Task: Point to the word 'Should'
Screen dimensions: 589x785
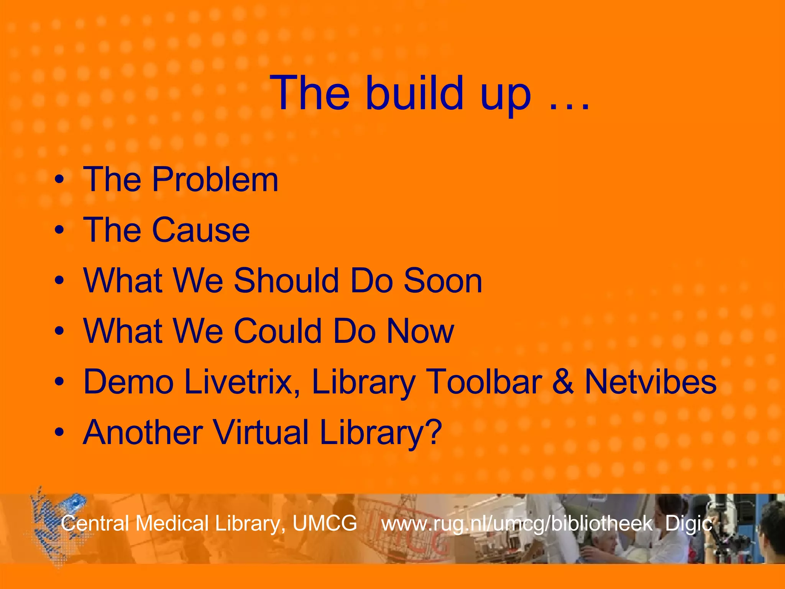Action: [x=286, y=281]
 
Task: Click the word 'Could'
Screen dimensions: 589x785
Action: [x=278, y=331]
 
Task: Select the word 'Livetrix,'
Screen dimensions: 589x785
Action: [x=242, y=382]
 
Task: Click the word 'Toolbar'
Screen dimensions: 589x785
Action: [x=484, y=382]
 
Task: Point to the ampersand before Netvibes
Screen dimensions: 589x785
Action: [x=563, y=382]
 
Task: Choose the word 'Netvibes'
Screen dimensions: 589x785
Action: [x=650, y=382]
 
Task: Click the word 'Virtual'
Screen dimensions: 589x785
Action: [x=261, y=433]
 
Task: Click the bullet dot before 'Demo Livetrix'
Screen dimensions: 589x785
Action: [x=59, y=382]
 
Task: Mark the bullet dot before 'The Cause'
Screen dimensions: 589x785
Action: [x=59, y=230]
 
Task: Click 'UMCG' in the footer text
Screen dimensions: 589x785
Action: [x=325, y=523]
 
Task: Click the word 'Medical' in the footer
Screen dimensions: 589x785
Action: [x=172, y=523]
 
